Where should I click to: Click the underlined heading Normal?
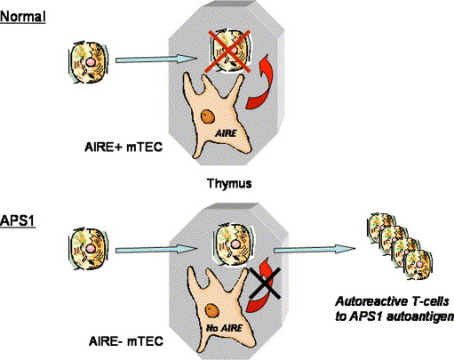pyautogui.click(x=23, y=17)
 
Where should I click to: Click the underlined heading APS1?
pyautogui.click(x=18, y=220)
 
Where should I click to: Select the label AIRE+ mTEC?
pyautogui.click(x=123, y=147)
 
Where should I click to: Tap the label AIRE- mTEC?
pyautogui.click(x=126, y=341)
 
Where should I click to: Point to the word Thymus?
pyautogui.click(x=229, y=183)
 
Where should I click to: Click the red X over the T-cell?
pyautogui.click(x=228, y=51)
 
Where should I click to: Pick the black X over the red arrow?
pyautogui.click(x=265, y=283)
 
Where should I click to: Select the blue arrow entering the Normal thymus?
pyautogui.click(x=156, y=60)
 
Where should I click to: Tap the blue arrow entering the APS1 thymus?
pyautogui.click(x=156, y=250)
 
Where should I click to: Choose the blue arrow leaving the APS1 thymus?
pyautogui.click(x=315, y=250)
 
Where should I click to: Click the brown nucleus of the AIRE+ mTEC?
pyautogui.click(x=208, y=116)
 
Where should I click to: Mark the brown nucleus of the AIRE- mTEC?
pyautogui.click(x=212, y=311)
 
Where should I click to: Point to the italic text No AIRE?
pyautogui.click(x=224, y=328)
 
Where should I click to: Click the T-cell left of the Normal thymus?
pyautogui.click(x=89, y=62)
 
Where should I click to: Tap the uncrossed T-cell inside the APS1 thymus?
pyautogui.click(x=234, y=244)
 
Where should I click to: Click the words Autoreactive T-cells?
pyautogui.click(x=392, y=302)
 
